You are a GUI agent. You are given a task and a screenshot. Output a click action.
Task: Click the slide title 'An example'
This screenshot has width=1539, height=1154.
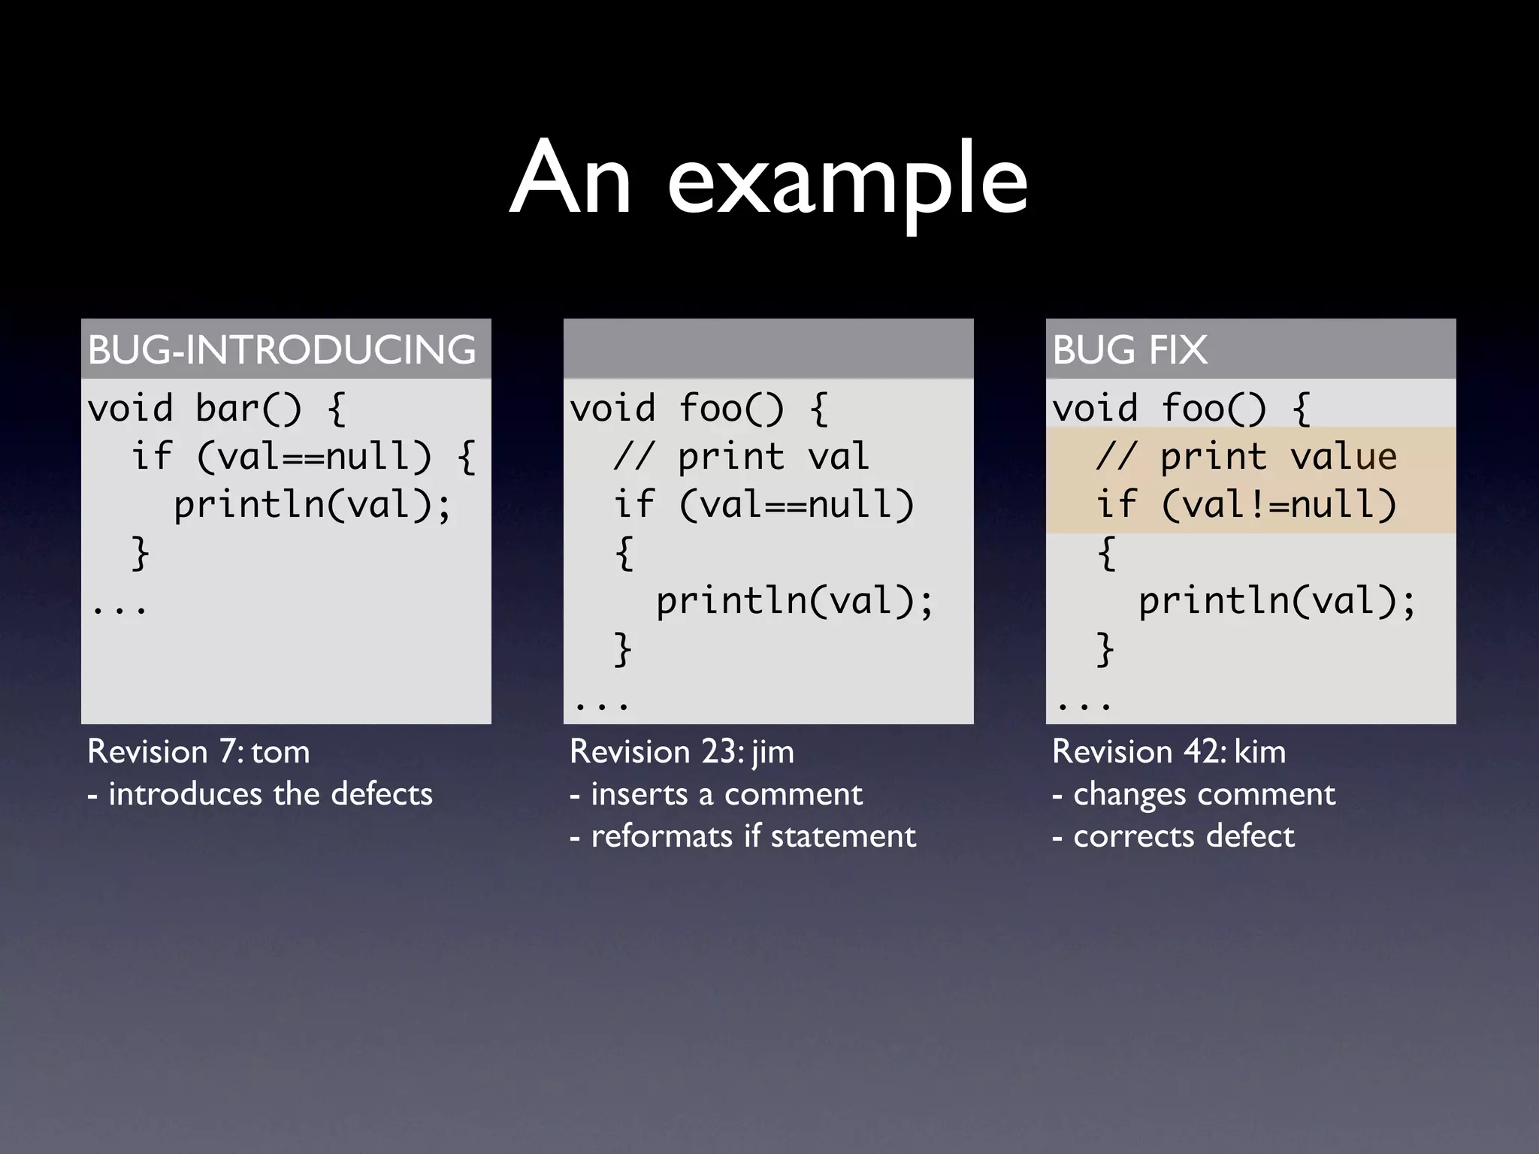(x=768, y=180)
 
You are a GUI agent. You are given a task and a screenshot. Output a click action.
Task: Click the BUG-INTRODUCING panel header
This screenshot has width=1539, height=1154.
(x=282, y=349)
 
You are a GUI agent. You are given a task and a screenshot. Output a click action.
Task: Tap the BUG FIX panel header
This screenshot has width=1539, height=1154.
(x=1129, y=349)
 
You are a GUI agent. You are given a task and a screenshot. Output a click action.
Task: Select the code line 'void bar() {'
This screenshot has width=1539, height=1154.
(x=216, y=409)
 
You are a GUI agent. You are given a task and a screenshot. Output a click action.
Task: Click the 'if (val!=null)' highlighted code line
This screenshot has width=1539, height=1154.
(x=1246, y=504)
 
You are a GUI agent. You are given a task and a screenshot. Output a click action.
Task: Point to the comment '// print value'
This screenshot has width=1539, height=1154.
(x=1246, y=457)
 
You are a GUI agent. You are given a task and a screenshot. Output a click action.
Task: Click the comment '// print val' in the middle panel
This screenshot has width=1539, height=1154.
(x=741, y=457)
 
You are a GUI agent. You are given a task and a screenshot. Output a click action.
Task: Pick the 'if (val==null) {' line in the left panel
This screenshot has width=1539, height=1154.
(x=304, y=457)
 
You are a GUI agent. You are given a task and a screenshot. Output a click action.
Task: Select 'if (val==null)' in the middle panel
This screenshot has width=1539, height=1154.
(x=763, y=504)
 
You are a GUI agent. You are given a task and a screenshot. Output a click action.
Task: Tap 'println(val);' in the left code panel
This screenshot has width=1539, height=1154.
(x=313, y=504)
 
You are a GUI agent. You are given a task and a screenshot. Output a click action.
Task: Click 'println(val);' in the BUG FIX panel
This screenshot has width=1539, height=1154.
(x=1277, y=601)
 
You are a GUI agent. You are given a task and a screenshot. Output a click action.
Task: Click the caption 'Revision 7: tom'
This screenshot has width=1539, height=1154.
(x=198, y=751)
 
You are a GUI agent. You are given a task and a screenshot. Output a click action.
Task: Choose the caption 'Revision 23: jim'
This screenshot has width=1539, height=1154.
(x=682, y=751)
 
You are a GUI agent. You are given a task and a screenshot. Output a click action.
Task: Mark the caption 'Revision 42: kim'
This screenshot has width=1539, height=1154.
(x=1169, y=751)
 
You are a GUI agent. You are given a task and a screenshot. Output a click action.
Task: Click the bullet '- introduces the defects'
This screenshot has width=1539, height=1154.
(x=260, y=794)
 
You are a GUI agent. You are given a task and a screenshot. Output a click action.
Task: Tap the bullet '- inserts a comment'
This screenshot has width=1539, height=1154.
(x=716, y=794)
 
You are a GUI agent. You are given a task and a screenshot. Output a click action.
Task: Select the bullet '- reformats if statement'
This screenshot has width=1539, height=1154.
(x=742, y=836)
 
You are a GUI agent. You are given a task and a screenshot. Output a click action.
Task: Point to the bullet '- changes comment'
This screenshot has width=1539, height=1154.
(x=1193, y=794)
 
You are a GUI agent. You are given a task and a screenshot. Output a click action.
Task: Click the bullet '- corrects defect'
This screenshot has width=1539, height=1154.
(x=1173, y=836)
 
